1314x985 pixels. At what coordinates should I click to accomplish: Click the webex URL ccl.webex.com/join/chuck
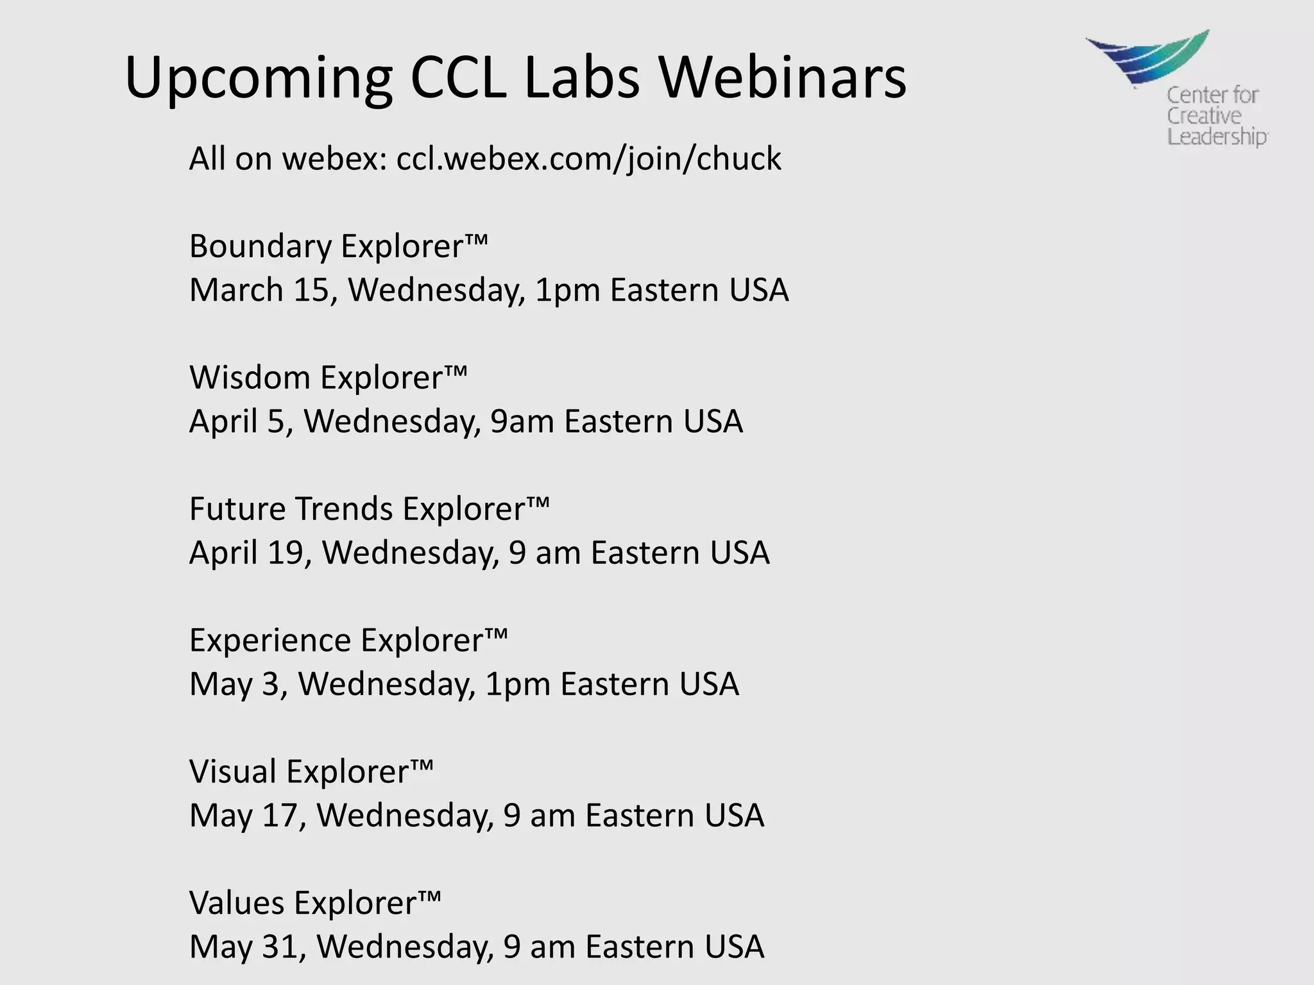588,158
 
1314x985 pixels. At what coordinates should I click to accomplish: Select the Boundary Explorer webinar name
338,246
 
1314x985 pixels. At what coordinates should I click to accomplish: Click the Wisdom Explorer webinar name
328,377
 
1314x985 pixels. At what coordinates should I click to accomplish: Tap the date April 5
240,422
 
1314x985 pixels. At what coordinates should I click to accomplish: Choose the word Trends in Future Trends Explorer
343,509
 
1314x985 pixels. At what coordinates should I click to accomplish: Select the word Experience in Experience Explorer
270,640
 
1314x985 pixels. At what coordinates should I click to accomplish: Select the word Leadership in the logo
1216,137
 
